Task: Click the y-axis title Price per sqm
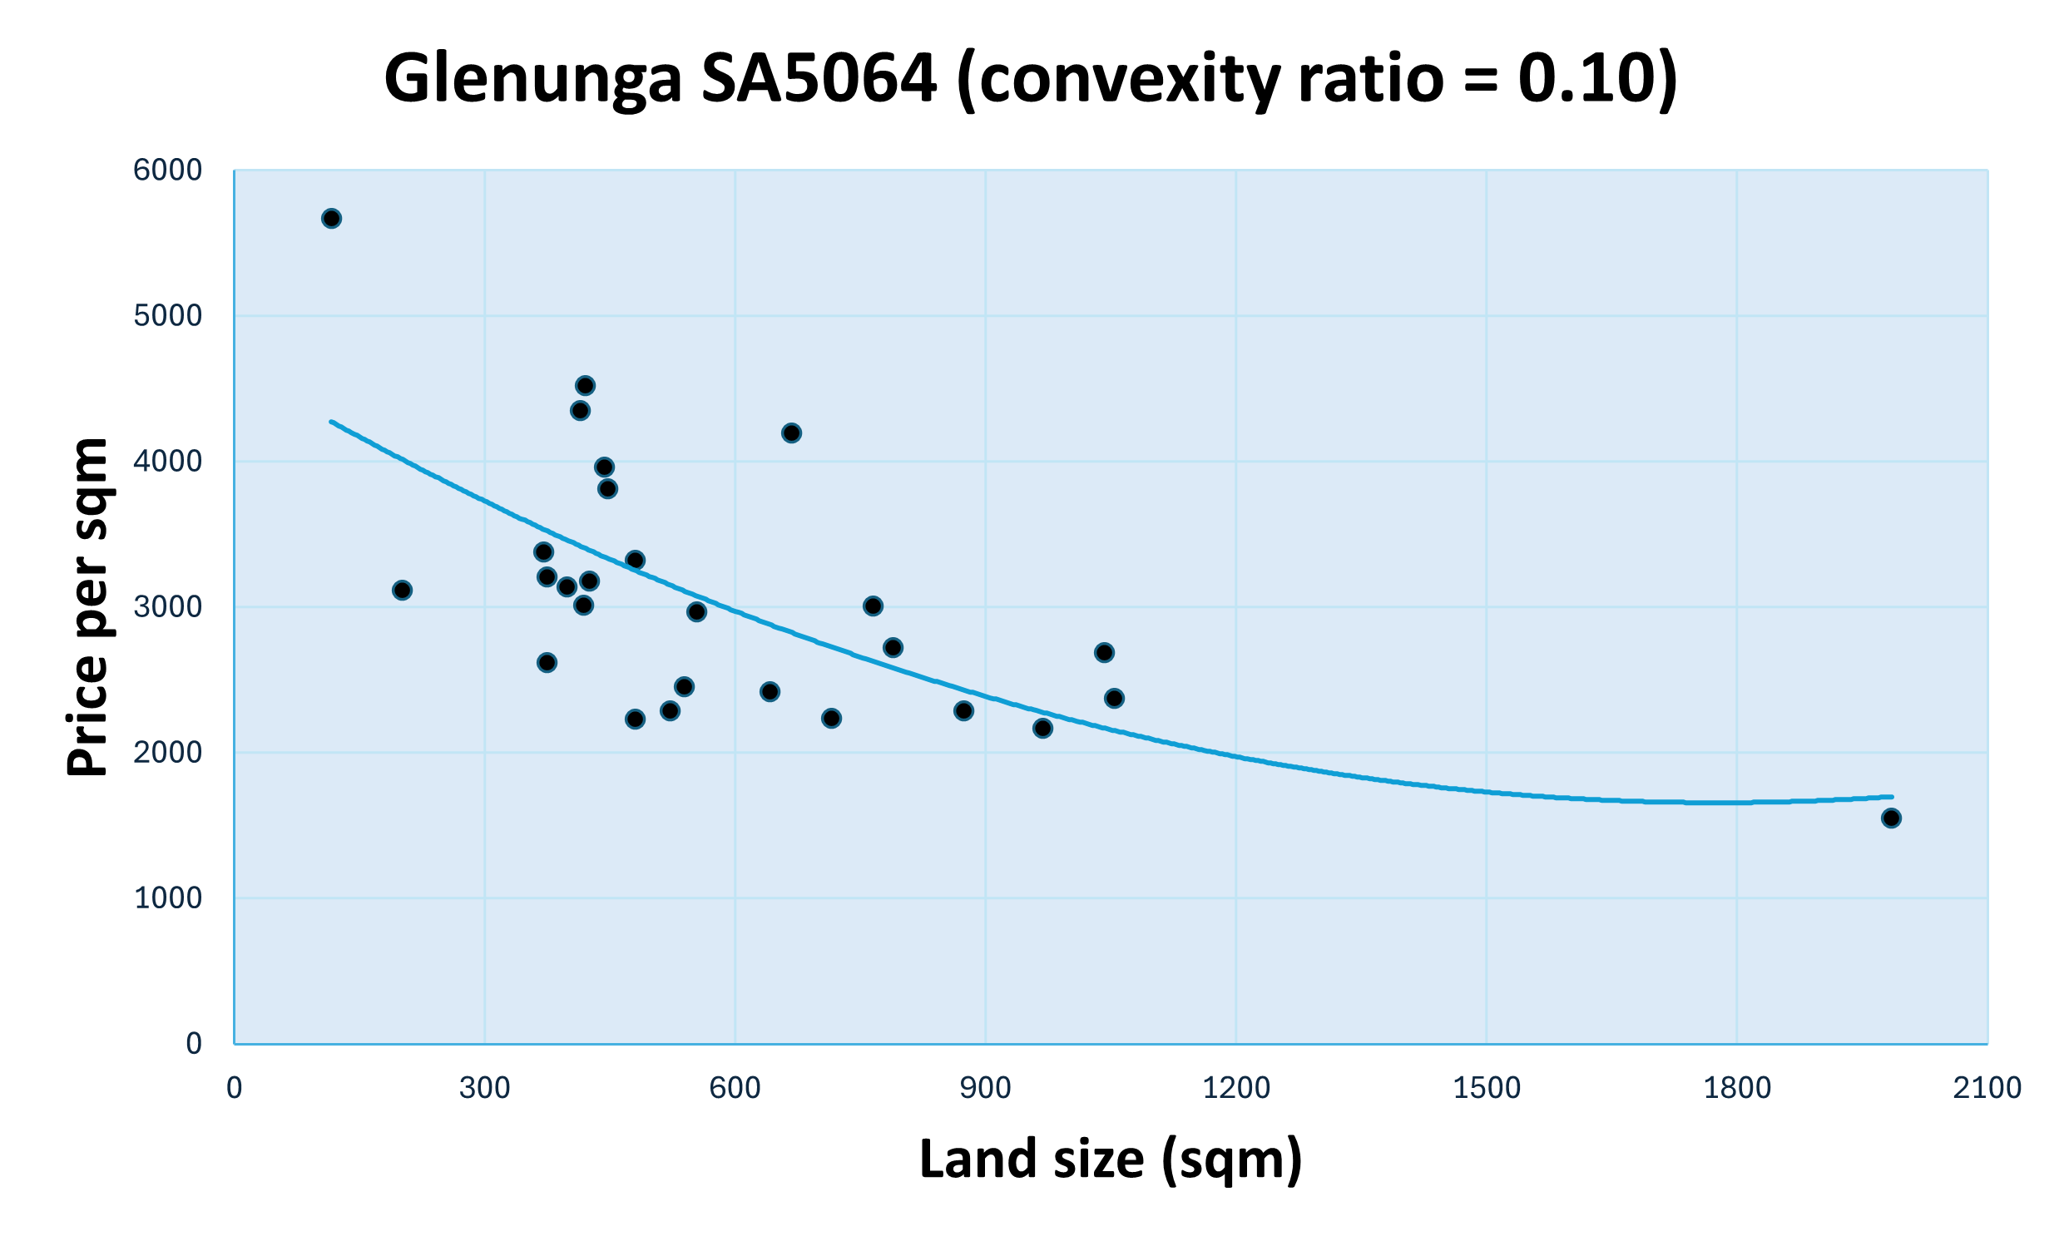89,607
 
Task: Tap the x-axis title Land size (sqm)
1111,1159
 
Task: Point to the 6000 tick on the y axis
167,171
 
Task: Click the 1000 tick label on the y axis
167,898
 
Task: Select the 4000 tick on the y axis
167,462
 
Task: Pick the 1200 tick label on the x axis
1236,1088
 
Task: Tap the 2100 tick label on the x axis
1987,1088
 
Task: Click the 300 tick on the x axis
484,1088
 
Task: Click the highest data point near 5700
331,219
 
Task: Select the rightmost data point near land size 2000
1891,818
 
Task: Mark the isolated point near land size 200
403,591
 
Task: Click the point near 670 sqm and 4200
791,433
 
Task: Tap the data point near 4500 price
586,385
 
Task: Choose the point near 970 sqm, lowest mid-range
1042,729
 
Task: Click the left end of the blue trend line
331,422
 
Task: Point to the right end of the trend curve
1892,797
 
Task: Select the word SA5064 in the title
819,79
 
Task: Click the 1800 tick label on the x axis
1737,1088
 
